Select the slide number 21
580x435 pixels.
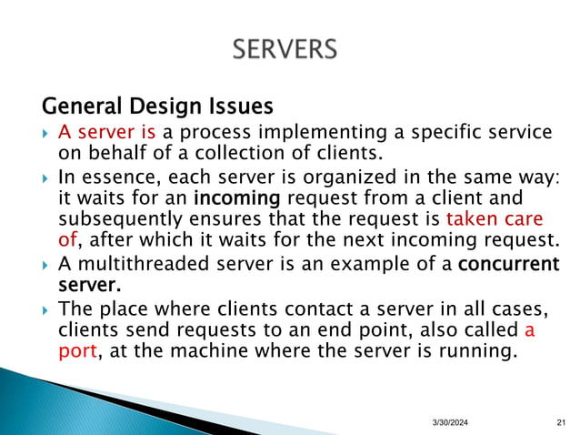pyautogui.click(x=559, y=420)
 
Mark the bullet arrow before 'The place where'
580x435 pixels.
pyautogui.click(x=45, y=310)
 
